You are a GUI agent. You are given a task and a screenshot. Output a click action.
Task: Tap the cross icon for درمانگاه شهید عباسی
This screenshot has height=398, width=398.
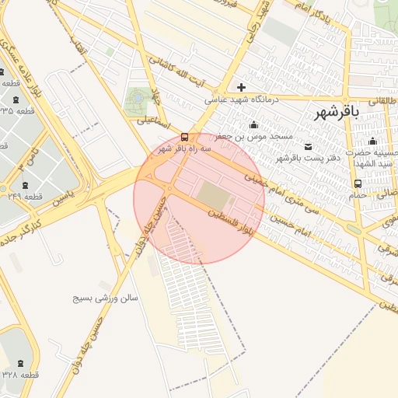pos(241,87)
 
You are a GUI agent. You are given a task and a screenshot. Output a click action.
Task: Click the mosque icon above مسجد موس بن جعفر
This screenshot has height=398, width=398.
pos(253,124)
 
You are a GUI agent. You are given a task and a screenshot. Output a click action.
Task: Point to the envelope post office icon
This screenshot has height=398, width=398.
pos(309,146)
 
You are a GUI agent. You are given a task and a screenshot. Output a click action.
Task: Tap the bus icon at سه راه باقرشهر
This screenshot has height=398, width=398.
pos(184,135)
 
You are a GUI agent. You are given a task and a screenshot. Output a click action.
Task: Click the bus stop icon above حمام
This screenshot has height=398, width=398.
pos(357,183)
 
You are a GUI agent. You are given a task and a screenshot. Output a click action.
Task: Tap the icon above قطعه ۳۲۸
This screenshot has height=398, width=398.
pos(19,362)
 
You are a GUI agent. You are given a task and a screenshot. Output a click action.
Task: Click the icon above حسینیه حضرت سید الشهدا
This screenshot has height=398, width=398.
pos(372,141)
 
